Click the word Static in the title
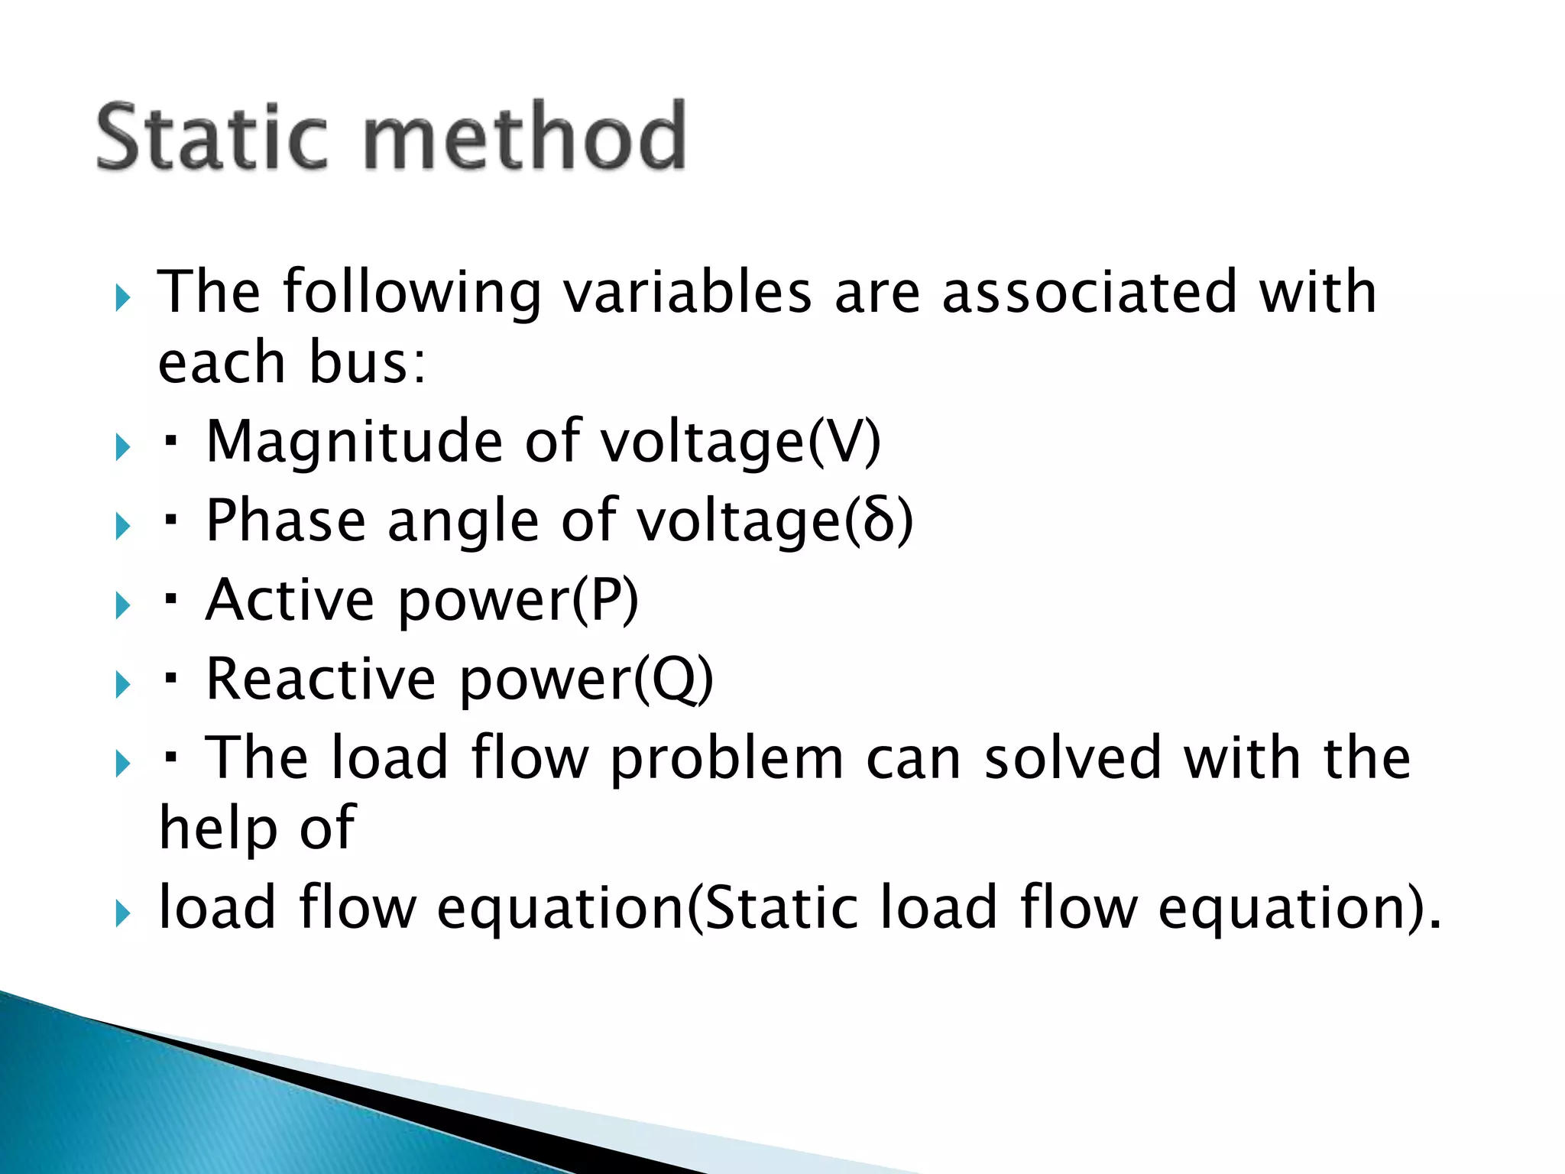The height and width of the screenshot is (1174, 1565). tap(212, 138)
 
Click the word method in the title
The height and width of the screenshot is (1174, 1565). tap(523, 138)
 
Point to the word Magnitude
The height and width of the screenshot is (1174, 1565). tap(355, 443)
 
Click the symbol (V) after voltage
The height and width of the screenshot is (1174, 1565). tap(844, 443)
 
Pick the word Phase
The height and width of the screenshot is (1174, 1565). tap(286, 521)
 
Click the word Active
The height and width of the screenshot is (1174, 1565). tap(290, 601)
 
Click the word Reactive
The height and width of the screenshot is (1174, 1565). tap(321, 679)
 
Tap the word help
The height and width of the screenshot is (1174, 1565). tap(218, 829)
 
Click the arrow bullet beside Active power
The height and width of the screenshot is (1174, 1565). tap(122, 606)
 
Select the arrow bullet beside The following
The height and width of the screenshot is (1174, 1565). tap(122, 297)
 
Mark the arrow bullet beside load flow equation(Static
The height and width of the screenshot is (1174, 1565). tap(122, 913)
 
